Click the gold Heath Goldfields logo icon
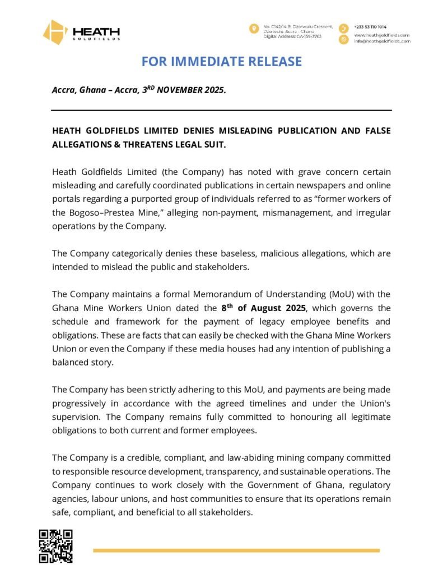tap(55, 32)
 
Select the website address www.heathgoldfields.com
tap(382, 35)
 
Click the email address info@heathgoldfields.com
tap(382, 41)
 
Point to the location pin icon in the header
tap(254, 29)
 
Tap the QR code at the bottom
tap(55, 546)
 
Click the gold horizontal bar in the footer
tap(236, 550)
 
